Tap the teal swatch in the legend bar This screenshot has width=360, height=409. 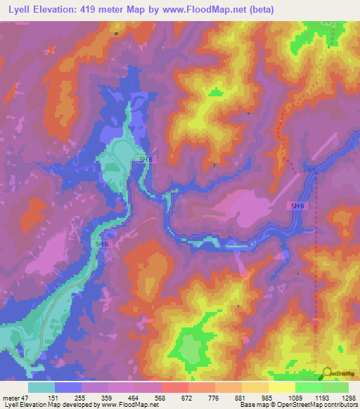coord(41,387)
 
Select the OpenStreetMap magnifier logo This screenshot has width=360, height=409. coord(326,372)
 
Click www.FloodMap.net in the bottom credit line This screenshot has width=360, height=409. coord(129,405)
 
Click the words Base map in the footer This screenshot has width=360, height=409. coord(251,405)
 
